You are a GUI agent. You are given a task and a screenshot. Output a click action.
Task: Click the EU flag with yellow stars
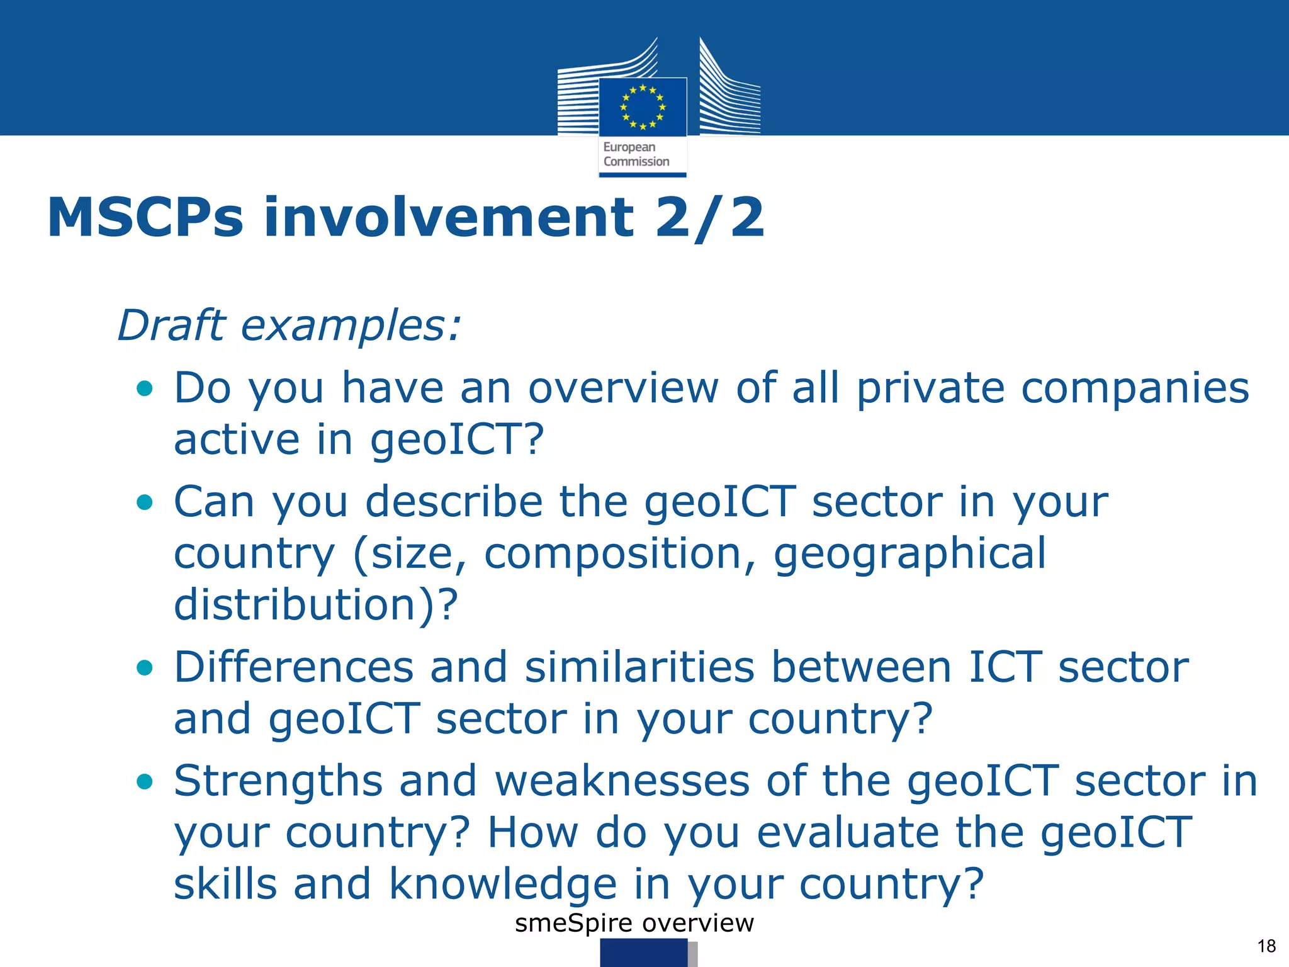643,106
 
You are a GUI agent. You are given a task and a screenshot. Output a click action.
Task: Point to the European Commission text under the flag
636,154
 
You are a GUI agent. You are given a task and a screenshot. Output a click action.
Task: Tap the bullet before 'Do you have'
145,388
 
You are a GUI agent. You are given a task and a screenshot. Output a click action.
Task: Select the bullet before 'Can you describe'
145,502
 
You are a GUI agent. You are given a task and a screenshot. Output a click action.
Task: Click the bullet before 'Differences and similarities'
145,667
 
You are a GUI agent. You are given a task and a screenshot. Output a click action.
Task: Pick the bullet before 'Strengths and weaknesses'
145,782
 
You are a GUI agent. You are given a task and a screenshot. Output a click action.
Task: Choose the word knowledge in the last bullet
503,884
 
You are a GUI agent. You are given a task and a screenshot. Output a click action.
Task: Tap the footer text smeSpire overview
634,923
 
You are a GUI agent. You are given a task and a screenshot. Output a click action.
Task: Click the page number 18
1266,946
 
